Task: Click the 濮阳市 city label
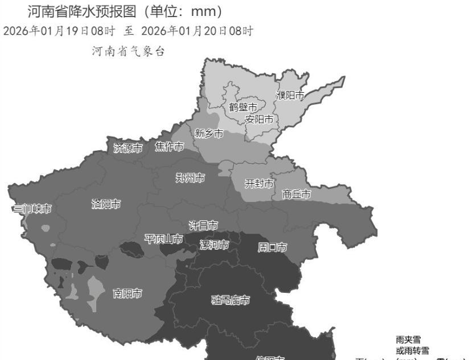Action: [290, 95]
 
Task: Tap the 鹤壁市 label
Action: [243, 107]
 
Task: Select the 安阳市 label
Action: [258, 119]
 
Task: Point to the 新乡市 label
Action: [209, 134]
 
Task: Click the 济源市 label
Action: [128, 148]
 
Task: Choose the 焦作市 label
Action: [170, 147]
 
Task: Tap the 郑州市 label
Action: [190, 178]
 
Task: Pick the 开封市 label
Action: [259, 183]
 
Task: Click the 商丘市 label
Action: [297, 195]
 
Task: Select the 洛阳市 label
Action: [106, 204]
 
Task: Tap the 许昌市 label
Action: [203, 226]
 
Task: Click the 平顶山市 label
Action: [164, 239]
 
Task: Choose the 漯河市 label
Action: [214, 245]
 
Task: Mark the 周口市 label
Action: [272, 247]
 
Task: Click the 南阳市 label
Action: [128, 293]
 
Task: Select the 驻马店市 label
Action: [231, 300]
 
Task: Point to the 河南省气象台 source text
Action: [128, 52]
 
